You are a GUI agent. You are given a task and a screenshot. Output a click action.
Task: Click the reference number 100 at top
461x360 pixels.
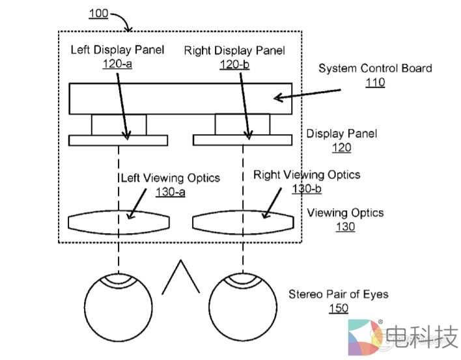(99, 13)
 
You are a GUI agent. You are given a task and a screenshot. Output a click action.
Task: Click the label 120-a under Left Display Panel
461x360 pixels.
(117, 64)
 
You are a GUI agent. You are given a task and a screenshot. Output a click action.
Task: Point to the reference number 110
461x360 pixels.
(375, 83)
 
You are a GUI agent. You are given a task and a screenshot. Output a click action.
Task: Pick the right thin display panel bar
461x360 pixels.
(242, 140)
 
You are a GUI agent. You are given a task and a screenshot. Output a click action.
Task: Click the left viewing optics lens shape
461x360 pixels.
(118, 221)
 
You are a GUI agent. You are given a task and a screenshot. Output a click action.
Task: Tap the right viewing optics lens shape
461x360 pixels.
(242, 221)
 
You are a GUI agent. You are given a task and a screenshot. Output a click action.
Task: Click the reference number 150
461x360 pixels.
(338, 309)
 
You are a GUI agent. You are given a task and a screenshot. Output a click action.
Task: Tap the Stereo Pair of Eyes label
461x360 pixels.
(339, 294)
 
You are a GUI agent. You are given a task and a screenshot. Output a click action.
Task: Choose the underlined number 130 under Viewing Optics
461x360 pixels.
(345, 227)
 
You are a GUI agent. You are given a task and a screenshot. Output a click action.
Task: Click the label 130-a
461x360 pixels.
(171, 192)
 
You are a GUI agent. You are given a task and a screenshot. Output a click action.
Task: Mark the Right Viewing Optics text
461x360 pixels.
(306, 174)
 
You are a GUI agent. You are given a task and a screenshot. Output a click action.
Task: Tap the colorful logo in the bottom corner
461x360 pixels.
(365, 337)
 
